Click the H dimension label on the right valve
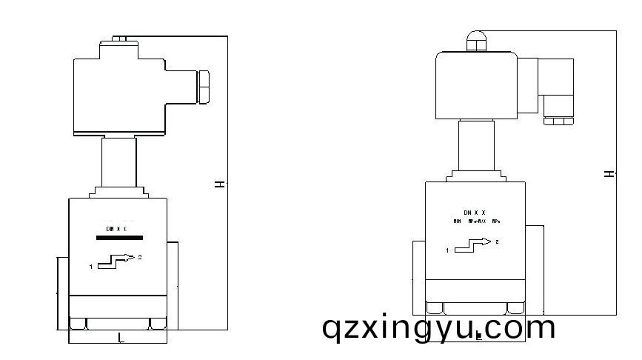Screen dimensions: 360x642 pyautogui.click(x=609, y=173)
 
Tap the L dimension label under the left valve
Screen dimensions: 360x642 pyautogui.click(x=121, y=338)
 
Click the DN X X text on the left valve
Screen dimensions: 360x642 pyautogui.click(x=116, y=228)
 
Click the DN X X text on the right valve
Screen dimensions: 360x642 pyautogui.click(x=474, y=213)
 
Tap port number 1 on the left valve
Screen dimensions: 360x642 pyautogui.click(x=91, y=266)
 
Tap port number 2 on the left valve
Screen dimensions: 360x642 pyautogui.click(x=141, y=256)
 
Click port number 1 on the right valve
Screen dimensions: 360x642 pyautogui.click(x=447, y=251)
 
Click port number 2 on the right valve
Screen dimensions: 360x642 pyautogui.click(x=497, y=241)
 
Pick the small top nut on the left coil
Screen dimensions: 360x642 pyautogui.click(x=120, y=37)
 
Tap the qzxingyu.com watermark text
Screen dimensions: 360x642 pyautogui.click(x=438, y=327)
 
